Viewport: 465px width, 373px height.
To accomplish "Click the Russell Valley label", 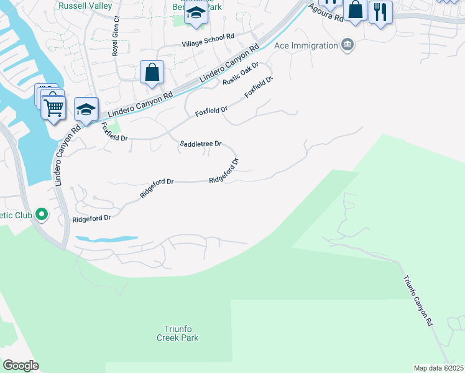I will pyautogui.click(x=85, y=6).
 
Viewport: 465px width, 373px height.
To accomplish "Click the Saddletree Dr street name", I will pyautogui.click(x=200, y=144).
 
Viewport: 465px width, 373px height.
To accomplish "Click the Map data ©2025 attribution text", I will pyautogui.click(x=438, y=368).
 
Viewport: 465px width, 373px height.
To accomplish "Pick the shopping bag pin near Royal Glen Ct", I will pyautogui.click(x=152, y=73).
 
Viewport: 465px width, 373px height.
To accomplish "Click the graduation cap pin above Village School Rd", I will pyautogui.click(x=196, y=13).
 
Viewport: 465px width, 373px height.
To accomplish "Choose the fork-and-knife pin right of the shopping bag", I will pyautogui.click(x=380, y=11).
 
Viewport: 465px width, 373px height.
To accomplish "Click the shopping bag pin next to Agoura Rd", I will pyautogui.click(x=356, y=9).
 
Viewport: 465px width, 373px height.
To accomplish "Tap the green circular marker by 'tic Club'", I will pyautogui.click(x=42, y=215).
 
